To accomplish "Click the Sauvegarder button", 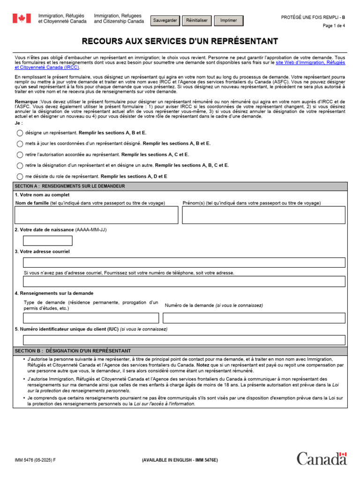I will (165, 21).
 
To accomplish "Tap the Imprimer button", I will (229, 21).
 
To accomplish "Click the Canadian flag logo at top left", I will (21, 18).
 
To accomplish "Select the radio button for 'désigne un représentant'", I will (20, 133).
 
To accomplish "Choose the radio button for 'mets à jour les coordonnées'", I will (20, 144).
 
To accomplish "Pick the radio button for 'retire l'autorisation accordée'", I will (20, 155).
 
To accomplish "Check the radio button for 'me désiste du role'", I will (20, 177).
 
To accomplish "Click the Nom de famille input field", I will (97, 215).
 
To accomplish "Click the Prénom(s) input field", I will (263, 215).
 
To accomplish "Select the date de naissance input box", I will (48, 241).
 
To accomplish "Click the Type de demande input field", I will (91, 318).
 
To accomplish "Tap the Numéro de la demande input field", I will (254, 318).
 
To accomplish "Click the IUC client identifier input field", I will (184, 340).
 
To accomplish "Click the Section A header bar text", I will (70, 186).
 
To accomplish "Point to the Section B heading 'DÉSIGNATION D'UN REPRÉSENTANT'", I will (89, 351).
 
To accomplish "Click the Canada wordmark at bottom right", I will (322, 459).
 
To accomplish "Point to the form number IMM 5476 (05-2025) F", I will (35, 460).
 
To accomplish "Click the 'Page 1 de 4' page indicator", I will (334, 26).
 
